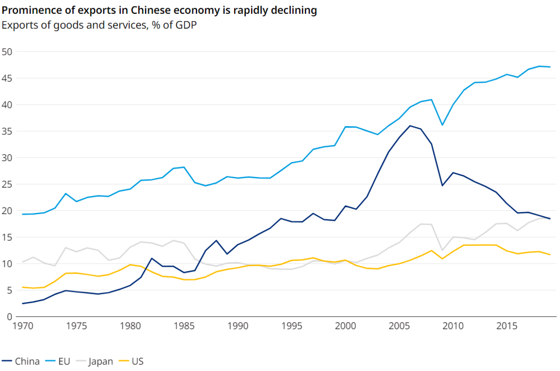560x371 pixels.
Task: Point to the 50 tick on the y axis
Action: pyautogui.click(x=7, y=52)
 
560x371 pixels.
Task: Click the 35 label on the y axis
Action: pyautogui.click(x=7, y=131)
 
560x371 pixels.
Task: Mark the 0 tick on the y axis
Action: pyautogui.click(x=10, y=317)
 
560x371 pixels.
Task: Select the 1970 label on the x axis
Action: pyautogui.click(x=23, y=326)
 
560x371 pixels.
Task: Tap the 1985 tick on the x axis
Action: pyautogui.click(x=184, y=326)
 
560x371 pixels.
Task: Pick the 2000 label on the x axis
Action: pyautogui.click(x=345, y=326)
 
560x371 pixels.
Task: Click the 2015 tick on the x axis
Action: pyautogui.click(x=507, y=326)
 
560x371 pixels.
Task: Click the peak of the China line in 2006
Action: pyautogui.click(x=410, y=126)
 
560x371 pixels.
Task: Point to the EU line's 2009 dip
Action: pyautogui.click(x=442, y=125)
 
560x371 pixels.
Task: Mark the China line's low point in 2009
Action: pyautogui.click(x=442, y=185)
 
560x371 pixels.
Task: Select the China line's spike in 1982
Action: pyautogui.click(x=152, y=258)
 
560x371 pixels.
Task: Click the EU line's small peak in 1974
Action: pyautogui.click(x=66, y=194)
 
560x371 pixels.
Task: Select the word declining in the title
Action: pyautogui.click(x=294, y=10)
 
